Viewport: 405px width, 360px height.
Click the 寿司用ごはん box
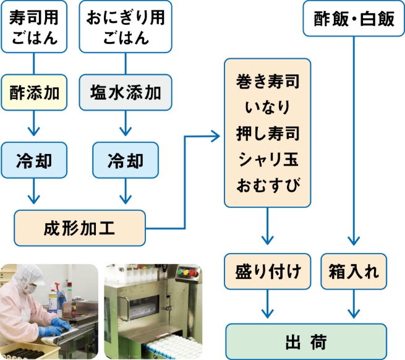34,28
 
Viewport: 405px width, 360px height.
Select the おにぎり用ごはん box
126,28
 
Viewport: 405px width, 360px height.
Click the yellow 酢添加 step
34,93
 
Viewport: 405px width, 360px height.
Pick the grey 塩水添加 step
126,93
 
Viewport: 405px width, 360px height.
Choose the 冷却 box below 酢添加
34,161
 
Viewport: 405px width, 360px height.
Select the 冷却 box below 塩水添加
126,161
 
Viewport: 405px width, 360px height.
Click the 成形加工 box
80,227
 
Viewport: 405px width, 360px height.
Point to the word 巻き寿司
267,82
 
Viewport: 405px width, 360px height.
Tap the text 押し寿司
267,133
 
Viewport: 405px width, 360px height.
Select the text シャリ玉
267,159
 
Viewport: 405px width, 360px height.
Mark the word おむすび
267,184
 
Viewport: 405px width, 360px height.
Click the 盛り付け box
268,271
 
